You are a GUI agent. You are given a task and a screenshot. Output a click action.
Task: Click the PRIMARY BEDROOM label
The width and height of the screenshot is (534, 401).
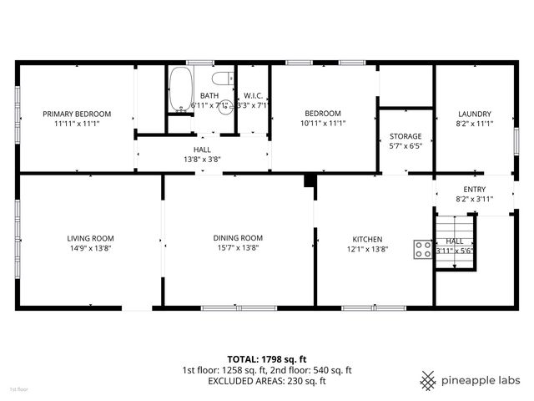[77, 114]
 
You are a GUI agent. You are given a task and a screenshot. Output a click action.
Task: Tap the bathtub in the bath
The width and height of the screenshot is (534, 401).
[179, 90]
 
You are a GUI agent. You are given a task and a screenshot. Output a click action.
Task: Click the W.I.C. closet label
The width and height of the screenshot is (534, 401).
[253, 96]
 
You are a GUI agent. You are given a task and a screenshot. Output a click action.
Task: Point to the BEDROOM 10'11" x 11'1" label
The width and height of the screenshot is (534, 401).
[322, 114]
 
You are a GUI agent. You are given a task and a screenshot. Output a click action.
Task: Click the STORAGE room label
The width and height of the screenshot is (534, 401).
[406, 136]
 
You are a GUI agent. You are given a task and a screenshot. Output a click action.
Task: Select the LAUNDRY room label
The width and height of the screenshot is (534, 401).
[474, 114]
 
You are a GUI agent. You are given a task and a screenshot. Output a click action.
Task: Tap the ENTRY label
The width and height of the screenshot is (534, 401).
[474, 190]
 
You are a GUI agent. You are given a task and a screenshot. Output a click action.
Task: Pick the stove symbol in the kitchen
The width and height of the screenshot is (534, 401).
[422, 247]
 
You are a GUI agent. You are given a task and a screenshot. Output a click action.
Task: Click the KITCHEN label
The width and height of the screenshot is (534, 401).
[367, 238]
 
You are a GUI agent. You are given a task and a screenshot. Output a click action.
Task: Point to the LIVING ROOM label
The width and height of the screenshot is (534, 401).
[90, 238]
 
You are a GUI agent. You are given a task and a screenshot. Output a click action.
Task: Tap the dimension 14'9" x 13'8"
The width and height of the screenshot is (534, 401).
[90, 247]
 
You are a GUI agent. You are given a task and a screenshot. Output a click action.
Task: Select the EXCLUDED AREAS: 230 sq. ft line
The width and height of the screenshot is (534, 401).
[267, 381]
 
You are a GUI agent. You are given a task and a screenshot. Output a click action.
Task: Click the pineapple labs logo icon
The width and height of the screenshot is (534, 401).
[429, 380]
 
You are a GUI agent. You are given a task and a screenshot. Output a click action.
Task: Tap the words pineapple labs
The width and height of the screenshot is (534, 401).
[481, 380]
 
